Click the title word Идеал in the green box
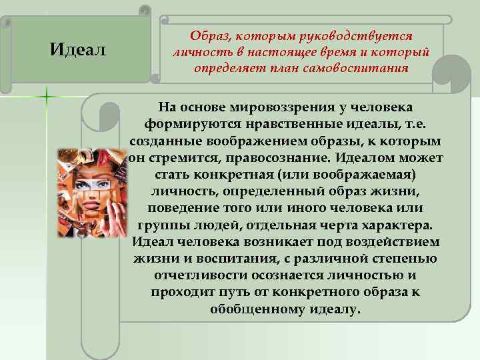(78, 49)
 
